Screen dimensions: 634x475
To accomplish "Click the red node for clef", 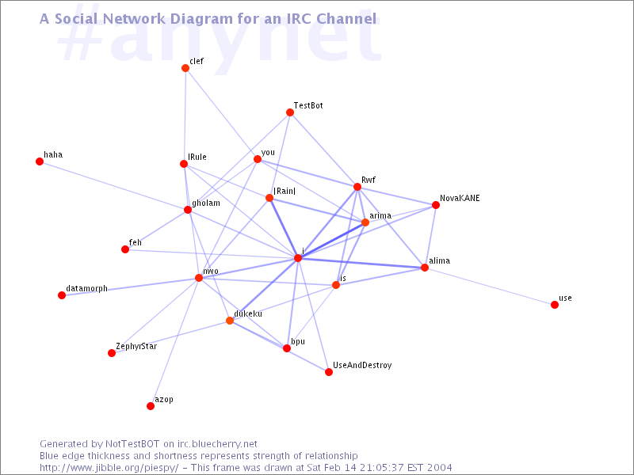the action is pyautogui.click(x=185, y=68).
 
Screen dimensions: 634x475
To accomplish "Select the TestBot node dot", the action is pyautogui.click(x=290, y=112).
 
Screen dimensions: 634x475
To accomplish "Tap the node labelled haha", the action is pyautogui.click(x=40, y=161).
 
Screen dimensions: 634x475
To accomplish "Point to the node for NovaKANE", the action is pyautogui.click(x=435, y=205).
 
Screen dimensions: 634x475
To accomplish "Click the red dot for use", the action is pyautogui.click(x=555, y=305).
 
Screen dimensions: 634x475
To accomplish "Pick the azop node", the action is pyautogui.click(x=151, y=406).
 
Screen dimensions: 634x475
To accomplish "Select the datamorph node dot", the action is pyautogui.click(x=62, y=295).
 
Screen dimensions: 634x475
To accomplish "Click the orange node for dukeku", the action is pyautogui.click(x=230, y=321).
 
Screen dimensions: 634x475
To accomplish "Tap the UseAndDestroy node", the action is pyautogui.click(x=329, y=372).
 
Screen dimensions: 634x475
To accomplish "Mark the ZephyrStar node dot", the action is pyautogui.click(x=112, y=353).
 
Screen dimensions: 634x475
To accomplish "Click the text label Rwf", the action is pyautogui.click(x=369, y=180).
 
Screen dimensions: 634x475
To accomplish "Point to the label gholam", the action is pyautogui.click(x=206, y=203).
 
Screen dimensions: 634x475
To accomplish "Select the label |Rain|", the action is pyautogui.click(x=285, y=191).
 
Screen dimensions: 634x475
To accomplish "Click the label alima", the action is pyautogui.click(x=440, y=261).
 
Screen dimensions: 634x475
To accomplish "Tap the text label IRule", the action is pyautogui.click(x=197, y=157).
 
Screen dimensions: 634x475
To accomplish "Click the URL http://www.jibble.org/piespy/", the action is pyautogui.click(x=109, y=468).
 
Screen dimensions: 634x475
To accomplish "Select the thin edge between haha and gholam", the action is pyautogui.click(x=113, y=186).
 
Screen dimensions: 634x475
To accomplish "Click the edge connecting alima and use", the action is pyautogui.click(x=490, y=287).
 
